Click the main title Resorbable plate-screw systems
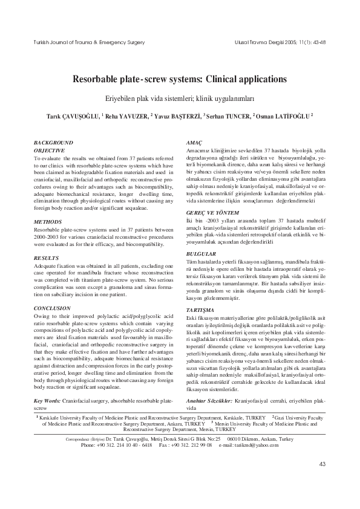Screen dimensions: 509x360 (180, 79)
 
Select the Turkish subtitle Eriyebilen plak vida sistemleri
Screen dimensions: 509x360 (180, 98)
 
